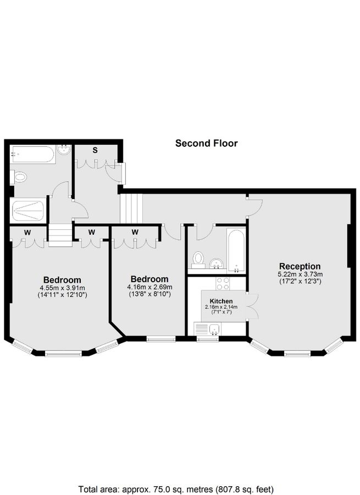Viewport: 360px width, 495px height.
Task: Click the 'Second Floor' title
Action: (x=206, y=144)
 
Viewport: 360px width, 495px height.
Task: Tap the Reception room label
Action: (x=300, y=267)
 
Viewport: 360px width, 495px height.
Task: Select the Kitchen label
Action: (x=221, y=301)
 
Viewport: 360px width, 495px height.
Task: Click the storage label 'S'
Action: (x=95, y=150)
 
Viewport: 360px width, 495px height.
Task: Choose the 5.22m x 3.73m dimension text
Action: (x=300, y=274)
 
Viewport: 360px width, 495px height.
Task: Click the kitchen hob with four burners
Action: (x=223, y=284)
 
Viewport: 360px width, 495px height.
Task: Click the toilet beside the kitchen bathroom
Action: (x=198, y=258)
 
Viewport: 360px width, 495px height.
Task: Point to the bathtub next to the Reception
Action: (x=237, y=250)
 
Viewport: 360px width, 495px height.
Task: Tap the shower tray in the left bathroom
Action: (x=27, y=209)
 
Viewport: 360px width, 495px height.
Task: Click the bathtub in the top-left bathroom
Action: (x=32, y=153)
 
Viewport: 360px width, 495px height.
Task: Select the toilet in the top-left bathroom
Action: (x=19, y=177)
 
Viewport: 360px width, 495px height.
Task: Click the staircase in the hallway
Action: (x=131, y=208)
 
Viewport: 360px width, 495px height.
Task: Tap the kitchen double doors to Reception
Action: (x=252, y=306)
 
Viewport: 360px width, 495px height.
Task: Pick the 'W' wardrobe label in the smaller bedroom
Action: (x=135, y=232)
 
